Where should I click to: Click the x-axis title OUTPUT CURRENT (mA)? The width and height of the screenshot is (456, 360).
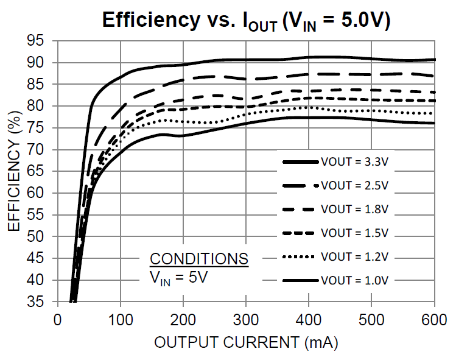point(245,342)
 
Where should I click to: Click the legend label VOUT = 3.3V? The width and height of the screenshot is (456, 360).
point(354,162)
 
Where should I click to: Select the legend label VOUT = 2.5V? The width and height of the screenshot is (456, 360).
point(354,185)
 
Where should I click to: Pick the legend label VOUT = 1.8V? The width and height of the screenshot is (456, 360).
point(354,209)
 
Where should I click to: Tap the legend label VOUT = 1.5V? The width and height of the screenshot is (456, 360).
point(354,233)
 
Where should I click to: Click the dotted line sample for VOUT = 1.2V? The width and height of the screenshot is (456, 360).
point(301,256)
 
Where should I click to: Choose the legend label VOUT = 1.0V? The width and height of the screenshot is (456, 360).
point(354,280)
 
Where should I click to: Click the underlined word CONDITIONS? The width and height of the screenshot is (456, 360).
point(199,258)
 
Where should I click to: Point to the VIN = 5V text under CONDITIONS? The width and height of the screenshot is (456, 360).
point(180,277)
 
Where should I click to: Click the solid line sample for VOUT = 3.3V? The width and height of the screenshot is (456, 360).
point(301,162)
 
